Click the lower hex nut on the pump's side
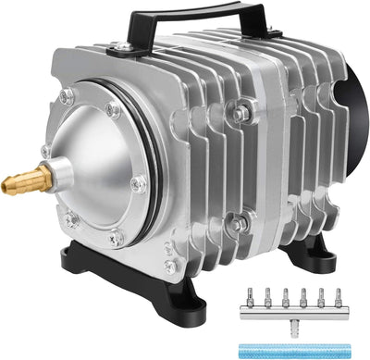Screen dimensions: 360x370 (240, 222)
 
